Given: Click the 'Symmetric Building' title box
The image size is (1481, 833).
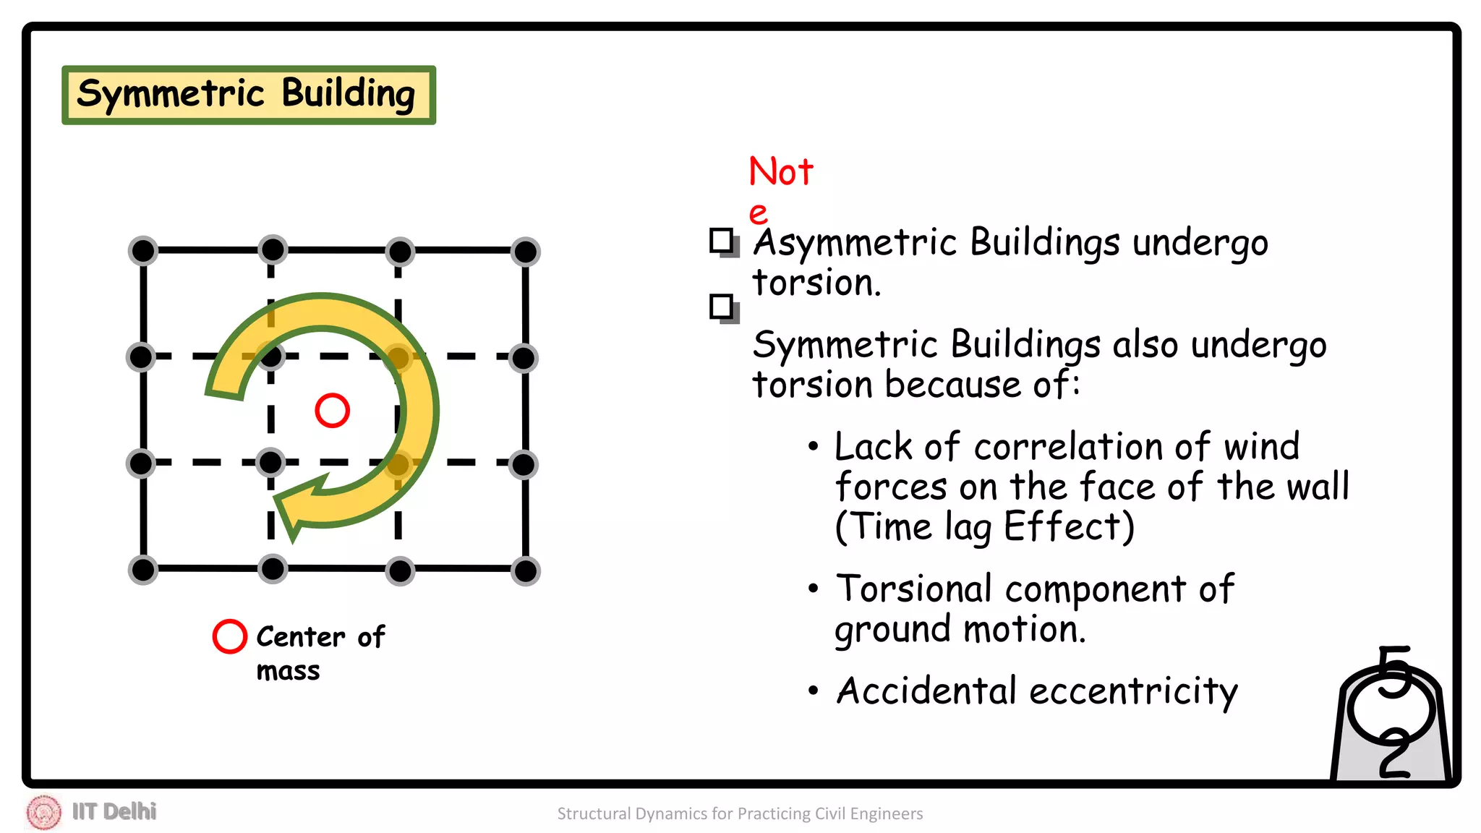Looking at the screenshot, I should coord(248,95).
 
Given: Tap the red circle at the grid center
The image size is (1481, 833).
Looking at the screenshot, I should coord(332,411).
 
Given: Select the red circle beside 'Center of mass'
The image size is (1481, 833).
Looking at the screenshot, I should coord(230,636).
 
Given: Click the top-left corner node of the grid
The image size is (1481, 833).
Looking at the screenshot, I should coord(143,251).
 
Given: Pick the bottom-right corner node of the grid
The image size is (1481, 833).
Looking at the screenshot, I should coord(525,571).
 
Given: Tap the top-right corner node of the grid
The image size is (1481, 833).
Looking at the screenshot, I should coord(525,252).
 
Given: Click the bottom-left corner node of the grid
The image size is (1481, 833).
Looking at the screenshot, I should coord(143,570).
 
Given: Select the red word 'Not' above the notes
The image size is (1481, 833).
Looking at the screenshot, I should coord(781,172).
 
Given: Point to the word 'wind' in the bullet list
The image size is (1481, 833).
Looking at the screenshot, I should coord(1261,446).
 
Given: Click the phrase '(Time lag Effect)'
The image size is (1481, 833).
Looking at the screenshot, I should coord(984,526).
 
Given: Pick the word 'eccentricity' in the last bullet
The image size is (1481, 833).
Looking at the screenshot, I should coord(1133,691).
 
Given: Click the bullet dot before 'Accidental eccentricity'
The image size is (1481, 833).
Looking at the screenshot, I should coord(814,691).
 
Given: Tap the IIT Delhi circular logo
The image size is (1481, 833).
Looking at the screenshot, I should coord(44,812).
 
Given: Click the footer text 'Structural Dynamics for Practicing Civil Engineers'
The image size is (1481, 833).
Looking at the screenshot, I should coord(740,813).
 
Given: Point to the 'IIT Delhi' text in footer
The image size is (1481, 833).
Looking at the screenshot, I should coord(114,811).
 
